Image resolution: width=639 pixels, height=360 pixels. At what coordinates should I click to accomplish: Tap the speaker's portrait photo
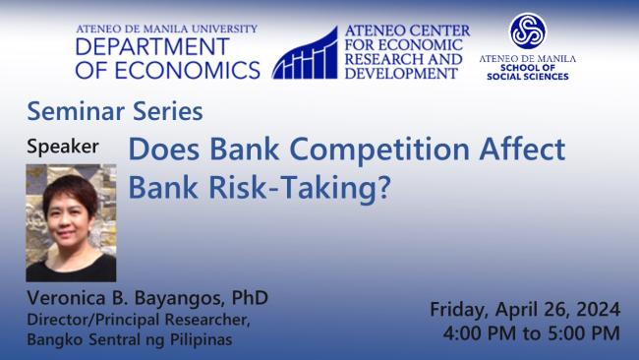pos(71,222)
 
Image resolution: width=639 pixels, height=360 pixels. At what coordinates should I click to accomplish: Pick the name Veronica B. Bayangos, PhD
pos(147,298)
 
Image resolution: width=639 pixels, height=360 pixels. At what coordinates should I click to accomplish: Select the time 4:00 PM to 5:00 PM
pos(532,333)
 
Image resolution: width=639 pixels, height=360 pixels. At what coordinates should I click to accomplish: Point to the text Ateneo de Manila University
pos(167,29)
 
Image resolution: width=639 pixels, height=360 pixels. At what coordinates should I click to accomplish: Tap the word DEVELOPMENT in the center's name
pos(403,74)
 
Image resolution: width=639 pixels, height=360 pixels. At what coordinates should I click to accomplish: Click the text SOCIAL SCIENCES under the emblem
pos(527,76)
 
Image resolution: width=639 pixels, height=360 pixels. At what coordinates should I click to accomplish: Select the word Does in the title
pos(163,151)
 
